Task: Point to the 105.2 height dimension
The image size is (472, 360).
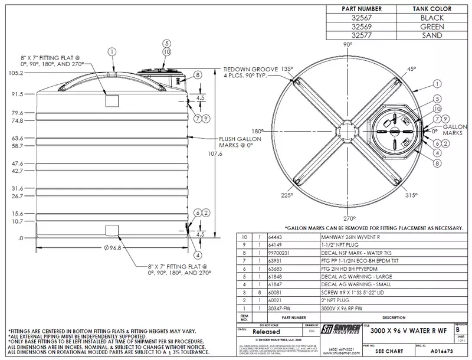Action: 15,73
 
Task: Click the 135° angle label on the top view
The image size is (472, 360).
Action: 287,68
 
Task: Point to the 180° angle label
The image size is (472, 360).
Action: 257,131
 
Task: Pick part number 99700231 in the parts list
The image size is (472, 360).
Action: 280,250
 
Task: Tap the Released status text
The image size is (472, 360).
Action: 251,332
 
